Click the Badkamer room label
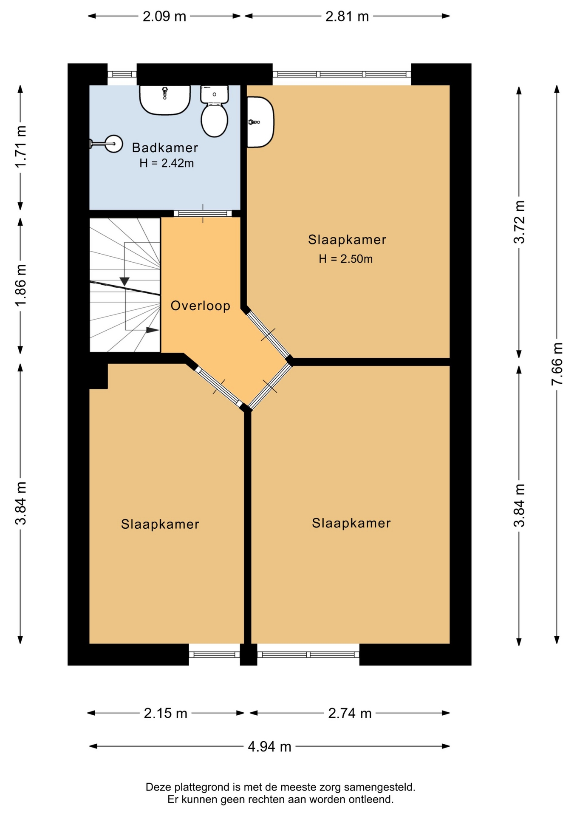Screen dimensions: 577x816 point(165,147)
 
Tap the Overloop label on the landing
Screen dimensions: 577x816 point(201,306)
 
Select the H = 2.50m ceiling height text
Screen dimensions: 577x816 point(346,259)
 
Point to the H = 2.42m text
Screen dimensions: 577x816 point(167,163)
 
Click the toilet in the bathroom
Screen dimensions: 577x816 point(215,111)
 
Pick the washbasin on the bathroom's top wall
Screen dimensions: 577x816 point(165,99)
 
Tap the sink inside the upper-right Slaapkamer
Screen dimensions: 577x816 point(260,122)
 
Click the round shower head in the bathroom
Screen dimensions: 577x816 point(114,144)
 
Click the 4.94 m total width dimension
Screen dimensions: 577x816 point(270,746)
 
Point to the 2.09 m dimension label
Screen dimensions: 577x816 point(164,17)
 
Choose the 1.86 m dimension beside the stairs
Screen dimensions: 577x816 point(20,285)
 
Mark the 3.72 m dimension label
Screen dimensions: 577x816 point(519,222)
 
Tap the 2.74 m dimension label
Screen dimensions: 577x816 point(350,713)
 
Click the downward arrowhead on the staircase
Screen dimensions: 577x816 point(124,281)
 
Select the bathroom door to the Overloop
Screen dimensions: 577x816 point(203,213)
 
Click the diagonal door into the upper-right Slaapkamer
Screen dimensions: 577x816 point(269,335)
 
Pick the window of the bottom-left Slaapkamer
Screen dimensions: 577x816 point(215,654)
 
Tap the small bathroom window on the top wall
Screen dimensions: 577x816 point(122,74)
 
